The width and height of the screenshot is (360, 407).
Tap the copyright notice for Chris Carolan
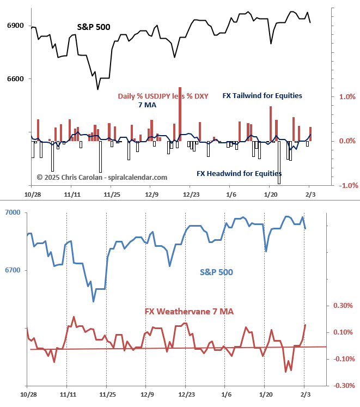[102, 177]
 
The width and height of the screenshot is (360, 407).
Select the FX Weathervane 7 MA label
[189, 311]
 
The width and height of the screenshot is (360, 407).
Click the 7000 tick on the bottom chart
[13, 212]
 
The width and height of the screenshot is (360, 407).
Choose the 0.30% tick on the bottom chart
[343, 306]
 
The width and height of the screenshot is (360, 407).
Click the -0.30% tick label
[342, 385]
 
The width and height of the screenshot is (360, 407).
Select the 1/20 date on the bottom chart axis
[266, 393]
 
